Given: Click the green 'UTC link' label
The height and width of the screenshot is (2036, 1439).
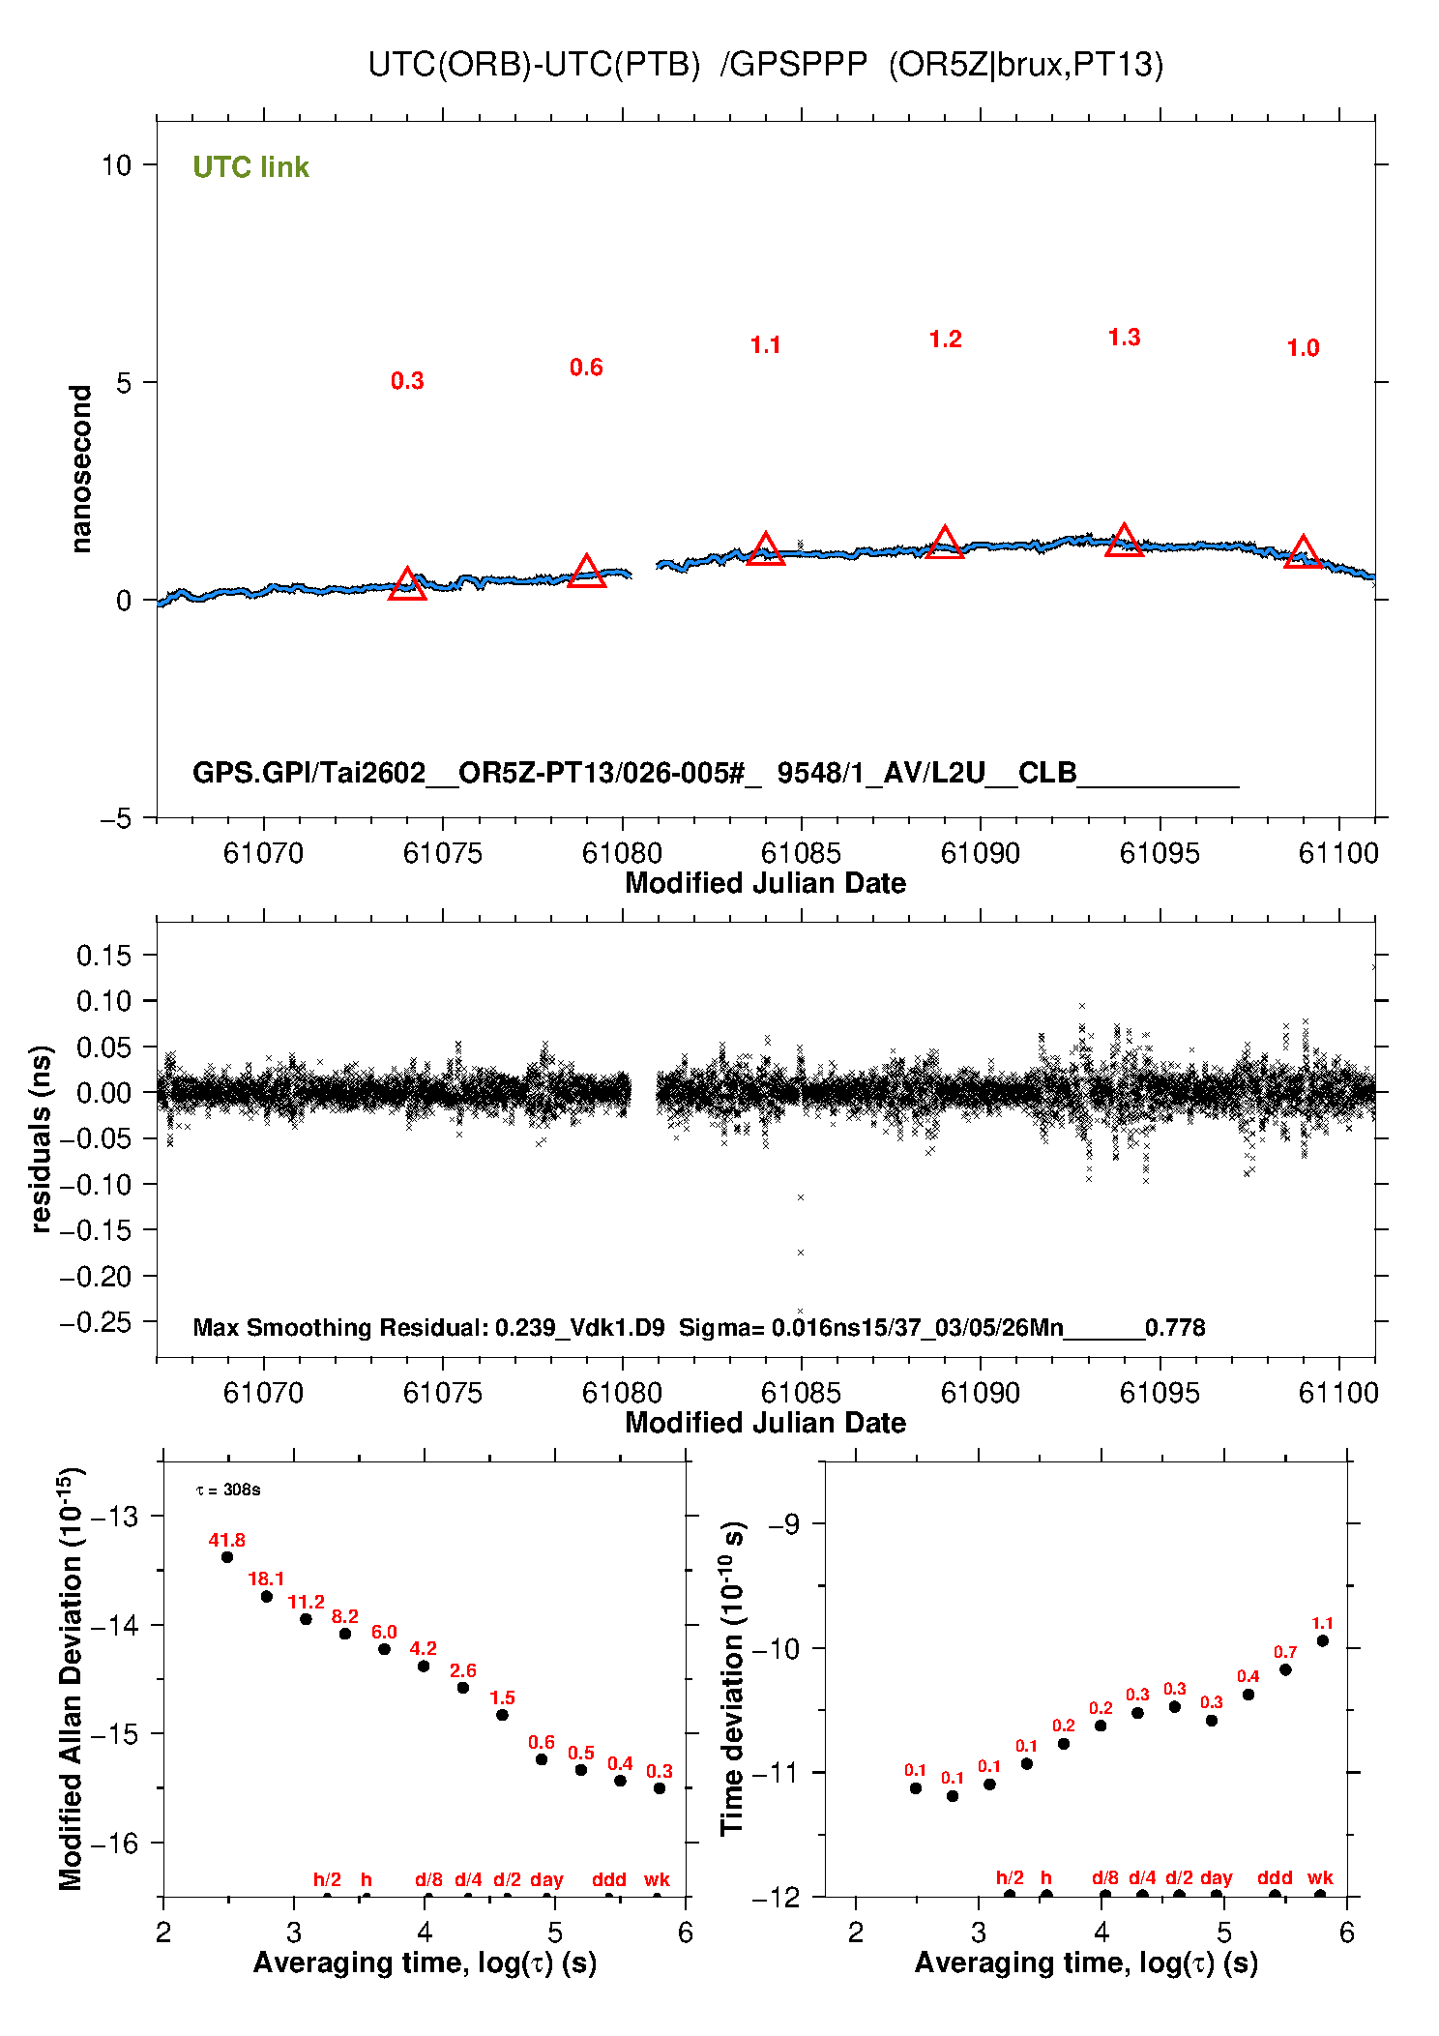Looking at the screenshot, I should click(250, 167).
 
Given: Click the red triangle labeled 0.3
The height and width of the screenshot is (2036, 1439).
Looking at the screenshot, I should click(407, 584).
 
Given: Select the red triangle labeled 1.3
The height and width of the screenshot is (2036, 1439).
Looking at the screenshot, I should click(1124, 541).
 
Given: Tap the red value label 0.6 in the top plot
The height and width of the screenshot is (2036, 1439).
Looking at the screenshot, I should click(586, 368).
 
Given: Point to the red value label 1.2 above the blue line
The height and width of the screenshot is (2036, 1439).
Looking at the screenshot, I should click(945, 339).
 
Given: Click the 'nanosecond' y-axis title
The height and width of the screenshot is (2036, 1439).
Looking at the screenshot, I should click(81, 469).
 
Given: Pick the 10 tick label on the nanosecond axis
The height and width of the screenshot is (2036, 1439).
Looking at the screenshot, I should click(116, 165).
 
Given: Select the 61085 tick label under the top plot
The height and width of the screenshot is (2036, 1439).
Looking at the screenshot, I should click(801, 853).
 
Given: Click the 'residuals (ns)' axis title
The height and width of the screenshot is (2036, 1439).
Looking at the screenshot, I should click(41, 1138).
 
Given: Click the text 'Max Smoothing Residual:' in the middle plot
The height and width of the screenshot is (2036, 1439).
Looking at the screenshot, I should click(340, 1327).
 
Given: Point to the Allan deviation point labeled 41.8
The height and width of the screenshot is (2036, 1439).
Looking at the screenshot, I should click(227, 1557).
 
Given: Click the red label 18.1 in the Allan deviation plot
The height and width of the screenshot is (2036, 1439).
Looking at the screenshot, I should click(266, 1579).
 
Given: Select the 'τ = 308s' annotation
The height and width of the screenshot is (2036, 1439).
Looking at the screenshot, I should click(228, 1490).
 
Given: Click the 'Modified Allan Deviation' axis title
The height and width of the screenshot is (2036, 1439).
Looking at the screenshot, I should click(71, 1679).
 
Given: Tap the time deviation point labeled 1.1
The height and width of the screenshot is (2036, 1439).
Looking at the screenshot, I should click(1322, 1640).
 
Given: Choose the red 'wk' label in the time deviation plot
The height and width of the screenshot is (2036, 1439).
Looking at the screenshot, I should click(1320, 1877).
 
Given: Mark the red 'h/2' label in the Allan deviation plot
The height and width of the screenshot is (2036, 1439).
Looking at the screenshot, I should click(327, 1879).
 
